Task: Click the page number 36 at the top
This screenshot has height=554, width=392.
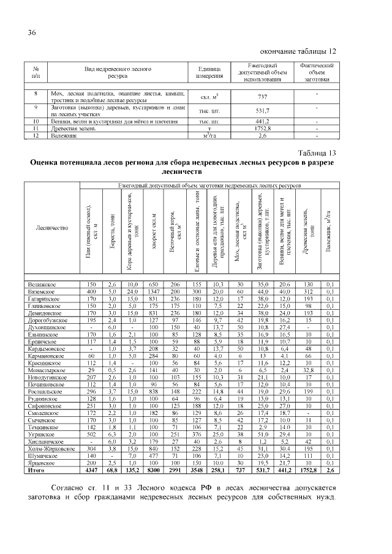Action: point(32,32)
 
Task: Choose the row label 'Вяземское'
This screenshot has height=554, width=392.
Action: point(42,293)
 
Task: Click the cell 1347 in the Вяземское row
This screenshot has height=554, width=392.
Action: point(154,293)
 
